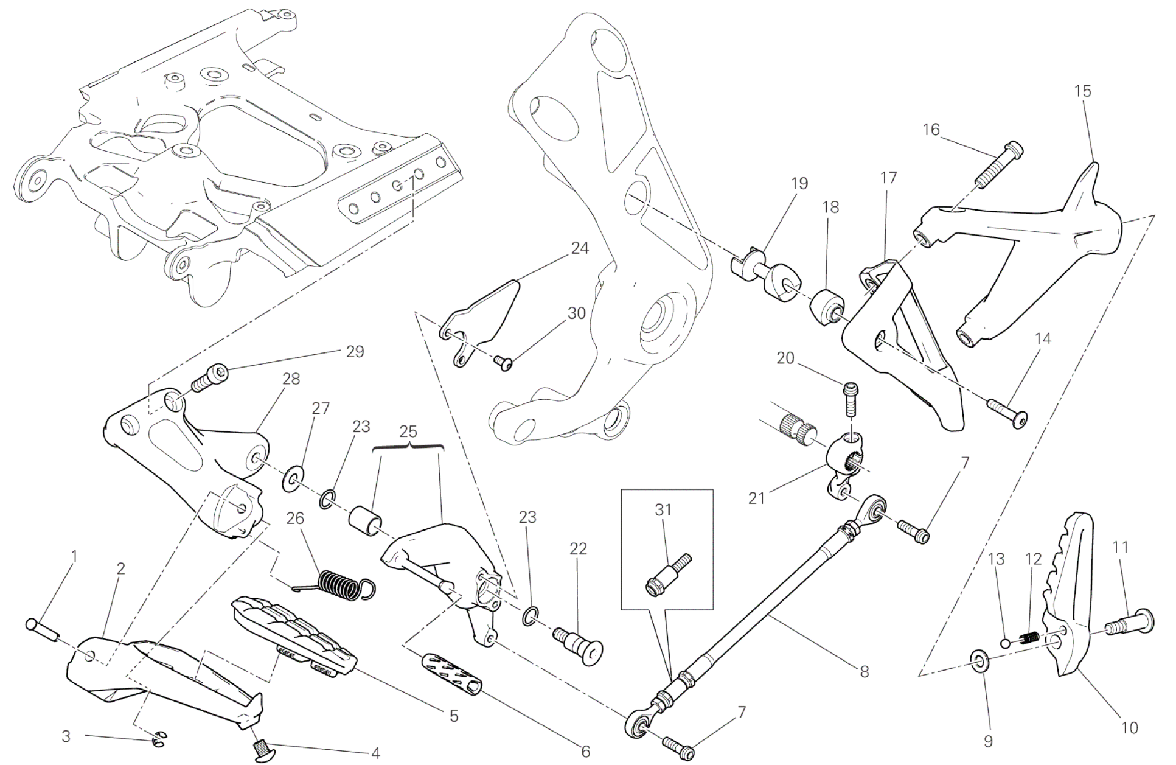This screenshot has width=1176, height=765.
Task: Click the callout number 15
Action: pyautogui.click(x=1083, y=91)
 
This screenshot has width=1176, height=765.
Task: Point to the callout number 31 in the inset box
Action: pyautogui.click(x=663, y=510)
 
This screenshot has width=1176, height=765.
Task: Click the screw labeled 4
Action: pyautogui.click(x=262, y=747)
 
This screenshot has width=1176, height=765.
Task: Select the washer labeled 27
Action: pyautogui.click(x=294, y=479)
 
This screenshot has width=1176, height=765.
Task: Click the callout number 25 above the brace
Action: pyautogui.click(x=408, y=432)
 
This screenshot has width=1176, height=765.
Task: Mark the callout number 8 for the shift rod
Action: pyautogui.click(x=864, y=672)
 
